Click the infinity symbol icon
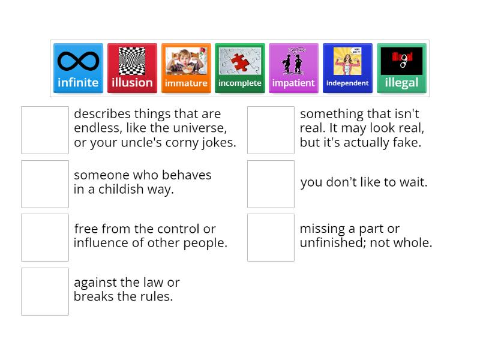[78, 61]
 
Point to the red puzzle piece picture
[240, 61]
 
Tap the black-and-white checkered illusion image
[132, 61]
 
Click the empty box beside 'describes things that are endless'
[45, 130]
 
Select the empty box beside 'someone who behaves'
[45, 184]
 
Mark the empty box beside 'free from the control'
[45, 238]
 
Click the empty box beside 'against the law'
[45, 292]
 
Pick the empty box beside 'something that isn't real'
[271, 130]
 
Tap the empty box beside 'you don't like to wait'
[271, 184]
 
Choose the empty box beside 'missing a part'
[271, 238]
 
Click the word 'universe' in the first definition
[201, 128]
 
